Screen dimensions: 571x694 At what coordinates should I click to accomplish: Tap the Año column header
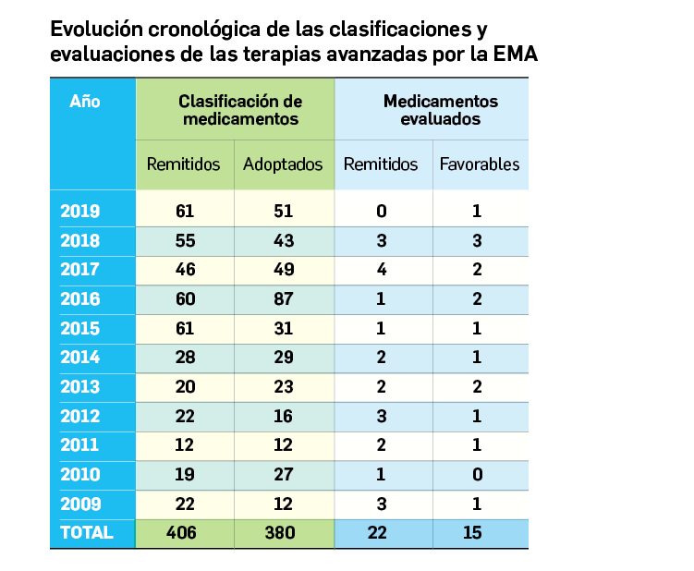(85, 102)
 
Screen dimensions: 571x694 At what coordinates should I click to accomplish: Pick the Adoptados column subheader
(283, 164)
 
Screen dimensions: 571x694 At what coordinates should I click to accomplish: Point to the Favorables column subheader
(480, 164)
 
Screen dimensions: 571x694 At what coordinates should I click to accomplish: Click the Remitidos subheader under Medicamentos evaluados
(381, 164)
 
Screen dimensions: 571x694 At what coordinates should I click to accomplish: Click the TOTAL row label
(87, 532)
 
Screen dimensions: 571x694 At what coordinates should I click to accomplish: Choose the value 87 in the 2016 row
(284, 298)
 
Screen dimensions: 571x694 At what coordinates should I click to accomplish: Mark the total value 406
(185, 532)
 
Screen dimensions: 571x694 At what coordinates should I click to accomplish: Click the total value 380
(284, 532)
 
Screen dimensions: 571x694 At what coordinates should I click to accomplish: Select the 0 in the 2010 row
(477, 474)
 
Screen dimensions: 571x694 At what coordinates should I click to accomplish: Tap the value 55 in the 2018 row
(185, 240)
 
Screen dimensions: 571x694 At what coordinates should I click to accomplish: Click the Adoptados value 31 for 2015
(284, 328)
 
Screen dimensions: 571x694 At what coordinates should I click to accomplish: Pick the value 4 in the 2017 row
(381, 270)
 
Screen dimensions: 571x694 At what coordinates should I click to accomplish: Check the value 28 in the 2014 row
(185, 358)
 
